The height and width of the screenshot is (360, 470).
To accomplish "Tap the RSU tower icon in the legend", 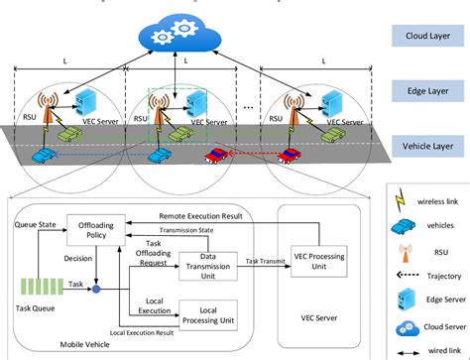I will [x=404, y=250].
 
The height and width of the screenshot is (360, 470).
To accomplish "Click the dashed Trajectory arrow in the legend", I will [x=404, y=275].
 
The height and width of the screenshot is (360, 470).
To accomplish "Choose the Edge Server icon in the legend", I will [x=404, y=298].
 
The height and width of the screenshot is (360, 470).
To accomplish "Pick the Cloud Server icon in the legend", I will [x=404, y=325].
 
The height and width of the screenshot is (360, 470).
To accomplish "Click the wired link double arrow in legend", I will [x=404, y=348].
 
